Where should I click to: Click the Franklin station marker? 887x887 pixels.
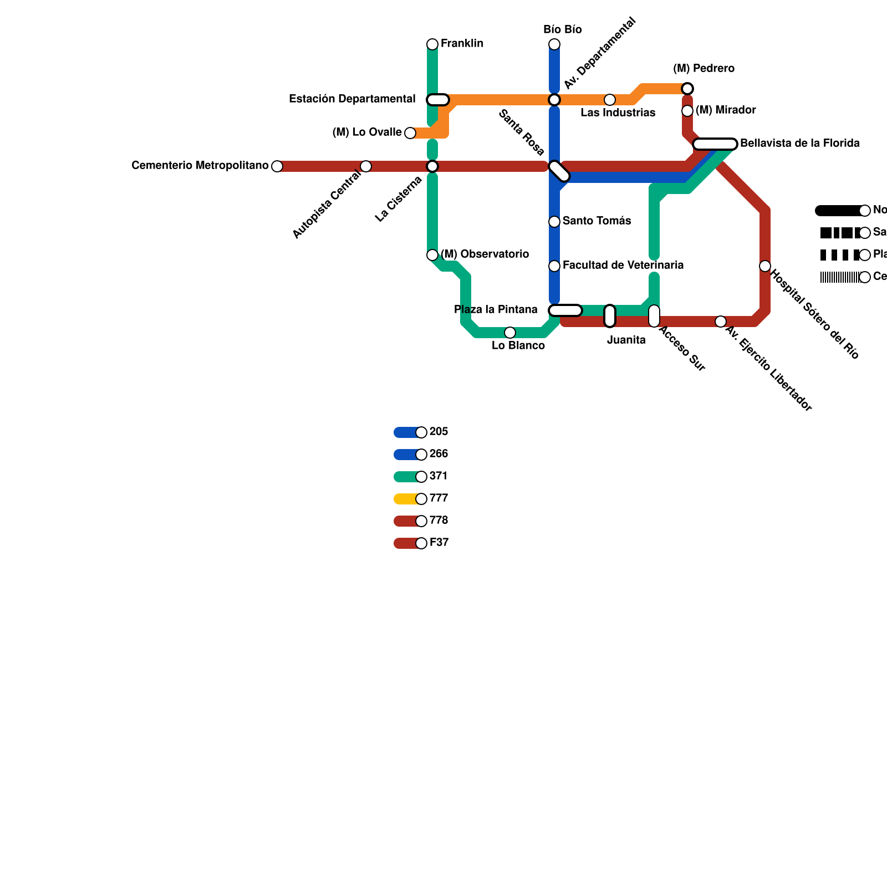pos(432,44)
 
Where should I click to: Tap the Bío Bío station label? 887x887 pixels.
pos(562,30)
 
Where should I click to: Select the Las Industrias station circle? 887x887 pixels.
pos(610,100)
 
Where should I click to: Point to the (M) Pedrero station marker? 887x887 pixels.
pos(687,89)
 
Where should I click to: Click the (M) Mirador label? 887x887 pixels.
pos(725,110)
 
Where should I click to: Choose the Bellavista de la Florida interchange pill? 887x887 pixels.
pos(715,144)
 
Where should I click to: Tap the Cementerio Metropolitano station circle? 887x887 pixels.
pos(277,166)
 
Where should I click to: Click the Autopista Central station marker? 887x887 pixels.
pos(366,166)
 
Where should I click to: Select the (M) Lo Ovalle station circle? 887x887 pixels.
pos(410,133)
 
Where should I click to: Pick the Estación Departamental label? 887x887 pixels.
pos(352,99)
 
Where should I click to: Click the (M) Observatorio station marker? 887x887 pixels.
pos(432,255)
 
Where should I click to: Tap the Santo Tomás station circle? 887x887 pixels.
pos(554,222)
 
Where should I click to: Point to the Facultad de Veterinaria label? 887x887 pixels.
pos(623,266)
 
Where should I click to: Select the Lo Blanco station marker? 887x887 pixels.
pos(510,333)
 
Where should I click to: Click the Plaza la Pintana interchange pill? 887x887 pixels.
pos(565,310)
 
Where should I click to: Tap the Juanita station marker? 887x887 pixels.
pos(610,316)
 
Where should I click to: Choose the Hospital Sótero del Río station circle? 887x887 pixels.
pos(765,266)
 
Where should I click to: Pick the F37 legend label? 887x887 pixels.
pos(439,543)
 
